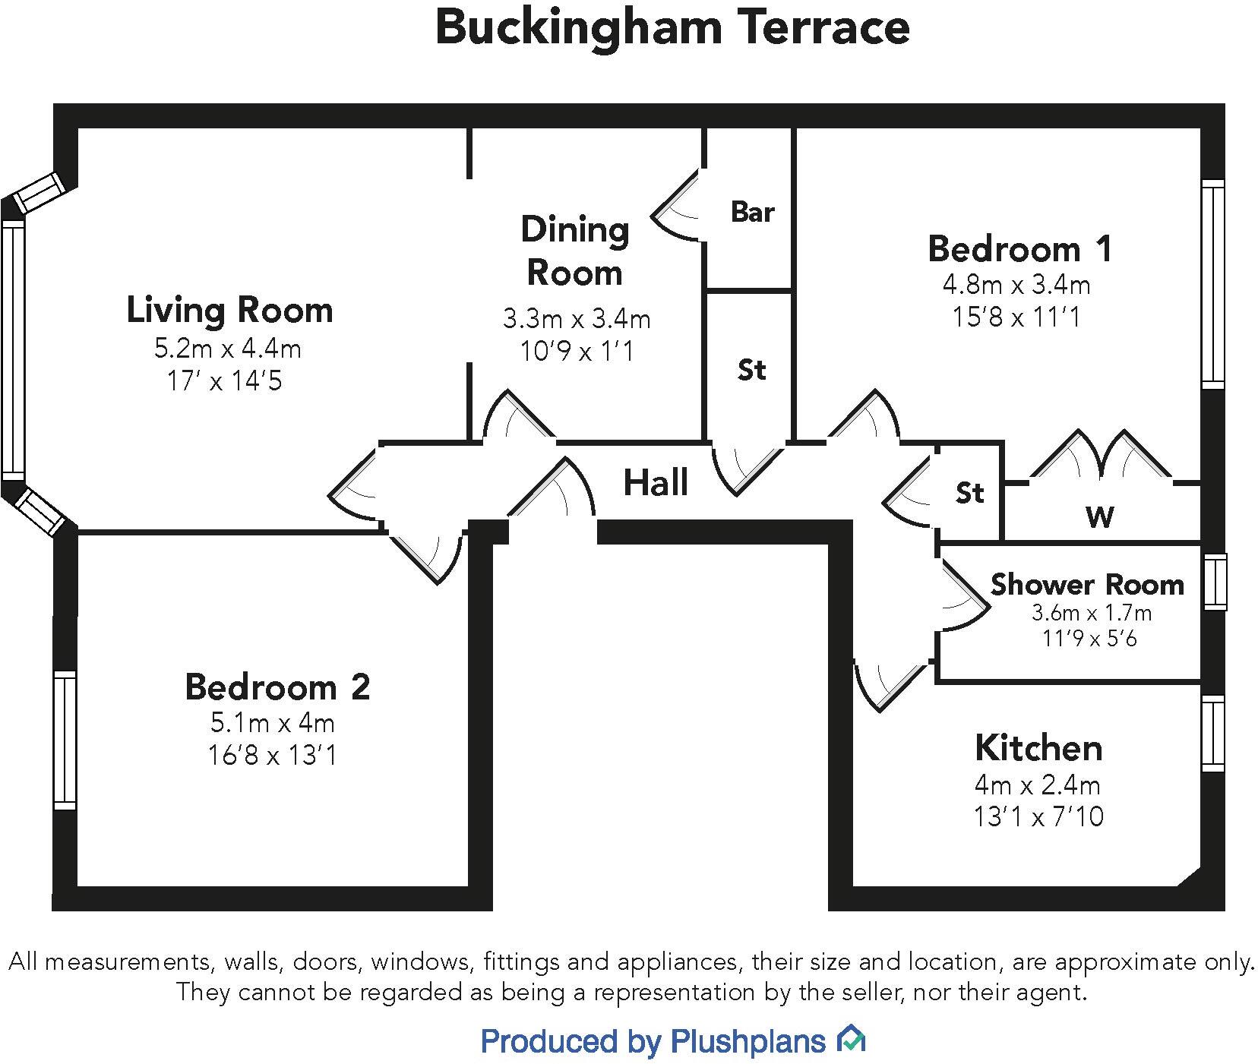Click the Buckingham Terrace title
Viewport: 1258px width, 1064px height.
click(x=672, y=27)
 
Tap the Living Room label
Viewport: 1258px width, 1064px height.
click(x=229, y=311)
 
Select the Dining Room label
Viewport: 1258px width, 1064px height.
click(x=575, y=251)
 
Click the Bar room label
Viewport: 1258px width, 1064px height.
click(x=752, y=212)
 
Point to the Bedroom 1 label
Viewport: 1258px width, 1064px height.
click(x=1019, y=249)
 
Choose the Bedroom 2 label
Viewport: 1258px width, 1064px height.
click(x=277, y=687)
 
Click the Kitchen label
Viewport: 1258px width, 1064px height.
click(x=1038, y=748)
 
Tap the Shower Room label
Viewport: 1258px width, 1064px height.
click(x=1087, y=585)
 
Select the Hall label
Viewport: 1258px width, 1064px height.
click(x=656, y=483)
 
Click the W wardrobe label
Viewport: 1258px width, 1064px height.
click(x=1100, y=517)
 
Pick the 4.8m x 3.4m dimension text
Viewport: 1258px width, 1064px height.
click(x=1016, y=285)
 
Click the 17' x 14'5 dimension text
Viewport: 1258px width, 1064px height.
click(x=224, y=380)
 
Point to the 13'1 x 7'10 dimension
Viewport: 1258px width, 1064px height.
click(x=1038, y=816)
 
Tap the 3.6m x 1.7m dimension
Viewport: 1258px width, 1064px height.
click(x=1091, y=612)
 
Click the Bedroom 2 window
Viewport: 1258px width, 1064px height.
click(x=65, y=740)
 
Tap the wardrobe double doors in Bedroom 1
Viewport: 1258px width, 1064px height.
click(x=1101, y=459)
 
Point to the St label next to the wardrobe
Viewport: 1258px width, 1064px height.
click(x=969, y=493)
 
